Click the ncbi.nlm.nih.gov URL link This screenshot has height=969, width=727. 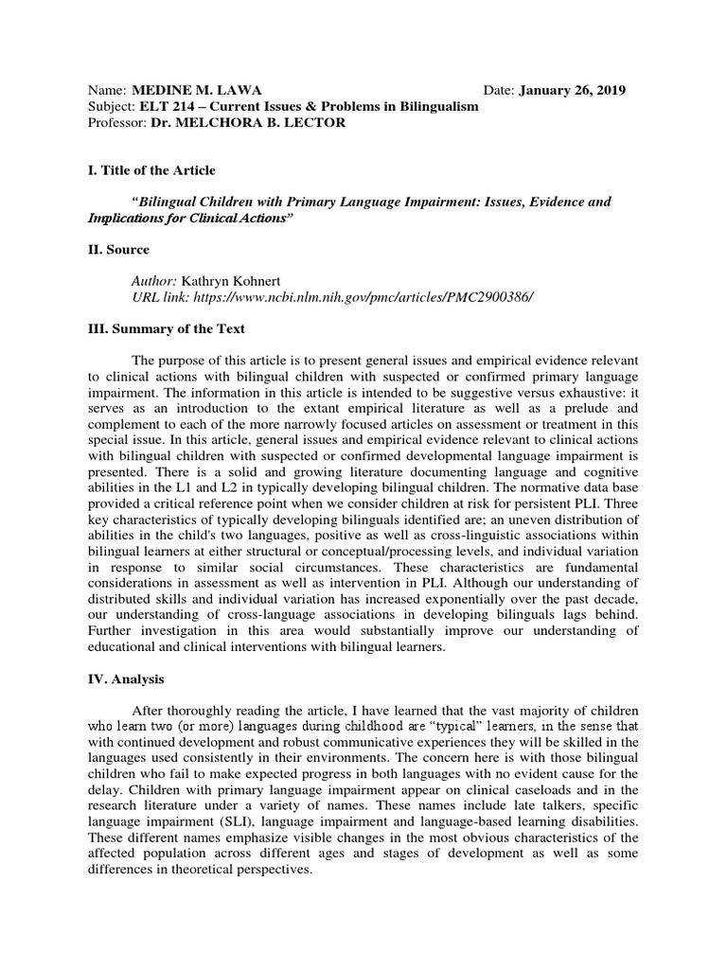click(x=364, y=297)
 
